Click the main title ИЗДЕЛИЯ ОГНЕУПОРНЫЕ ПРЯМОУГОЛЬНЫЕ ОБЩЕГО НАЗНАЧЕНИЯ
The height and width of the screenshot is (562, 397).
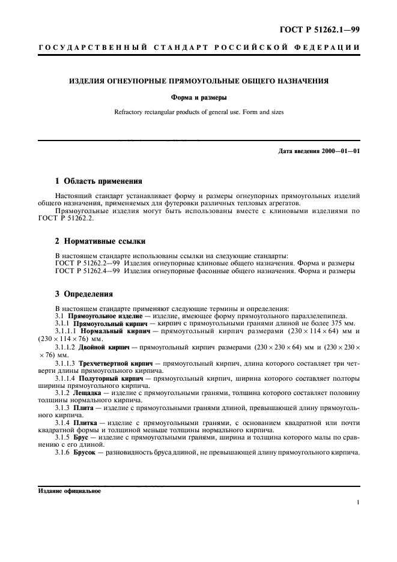(198, 80)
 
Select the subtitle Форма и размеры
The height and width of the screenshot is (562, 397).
(198, 96)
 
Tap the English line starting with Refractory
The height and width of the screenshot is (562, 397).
(198, 112)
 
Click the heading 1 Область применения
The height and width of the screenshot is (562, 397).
(98, 181)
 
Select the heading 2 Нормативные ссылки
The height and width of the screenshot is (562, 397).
(100, 242)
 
